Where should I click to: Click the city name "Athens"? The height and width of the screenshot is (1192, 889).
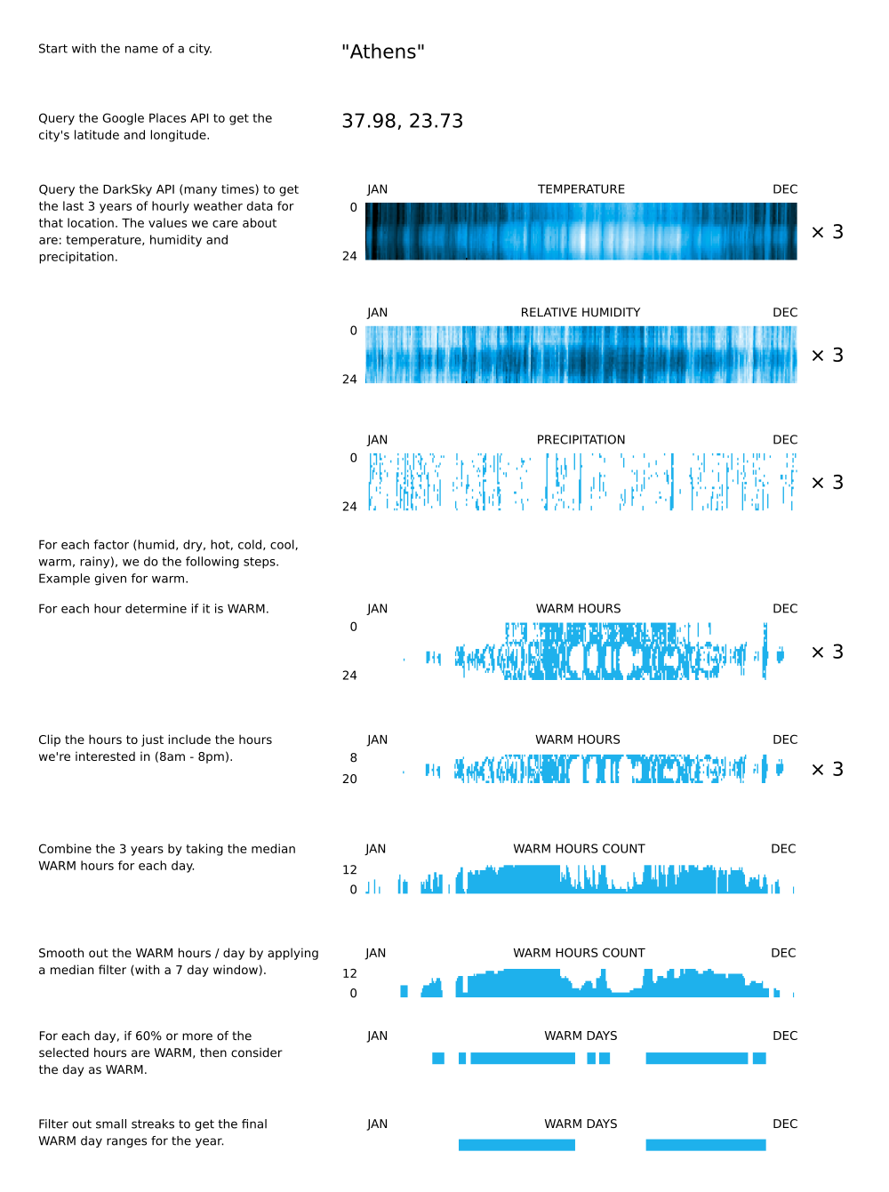[383, 52]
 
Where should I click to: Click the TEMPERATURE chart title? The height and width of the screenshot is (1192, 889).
[581, 189]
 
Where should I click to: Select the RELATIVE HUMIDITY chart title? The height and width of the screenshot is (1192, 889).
[581, 313]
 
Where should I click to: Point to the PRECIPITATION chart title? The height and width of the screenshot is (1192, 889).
[581, 440]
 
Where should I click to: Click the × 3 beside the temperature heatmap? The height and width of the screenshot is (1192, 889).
[828, 232]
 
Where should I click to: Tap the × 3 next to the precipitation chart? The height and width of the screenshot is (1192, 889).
[828, 483]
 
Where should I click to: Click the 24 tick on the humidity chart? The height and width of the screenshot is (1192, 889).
[349, 380]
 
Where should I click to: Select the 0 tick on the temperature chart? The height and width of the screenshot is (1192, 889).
[353, 208]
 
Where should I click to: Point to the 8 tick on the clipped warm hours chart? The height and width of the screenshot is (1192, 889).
[353, 758]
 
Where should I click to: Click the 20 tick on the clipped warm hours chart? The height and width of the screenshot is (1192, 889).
[349, 779]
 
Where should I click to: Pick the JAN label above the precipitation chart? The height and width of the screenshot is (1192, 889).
[378, 440]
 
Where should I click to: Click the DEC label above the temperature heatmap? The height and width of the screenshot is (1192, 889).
[785, 189]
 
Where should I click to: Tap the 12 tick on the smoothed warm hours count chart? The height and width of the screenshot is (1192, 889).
[349, 973]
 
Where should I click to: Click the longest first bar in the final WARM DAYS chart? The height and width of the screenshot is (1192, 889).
[517, 1145]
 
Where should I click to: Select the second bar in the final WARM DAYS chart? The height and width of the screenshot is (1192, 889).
[706, 1145]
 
